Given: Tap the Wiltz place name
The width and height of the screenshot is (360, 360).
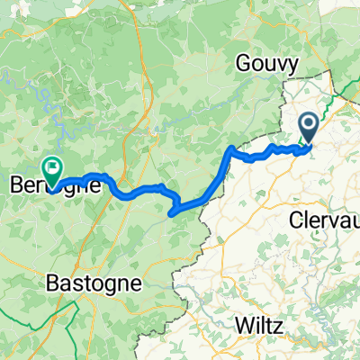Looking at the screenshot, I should click(259, 323).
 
